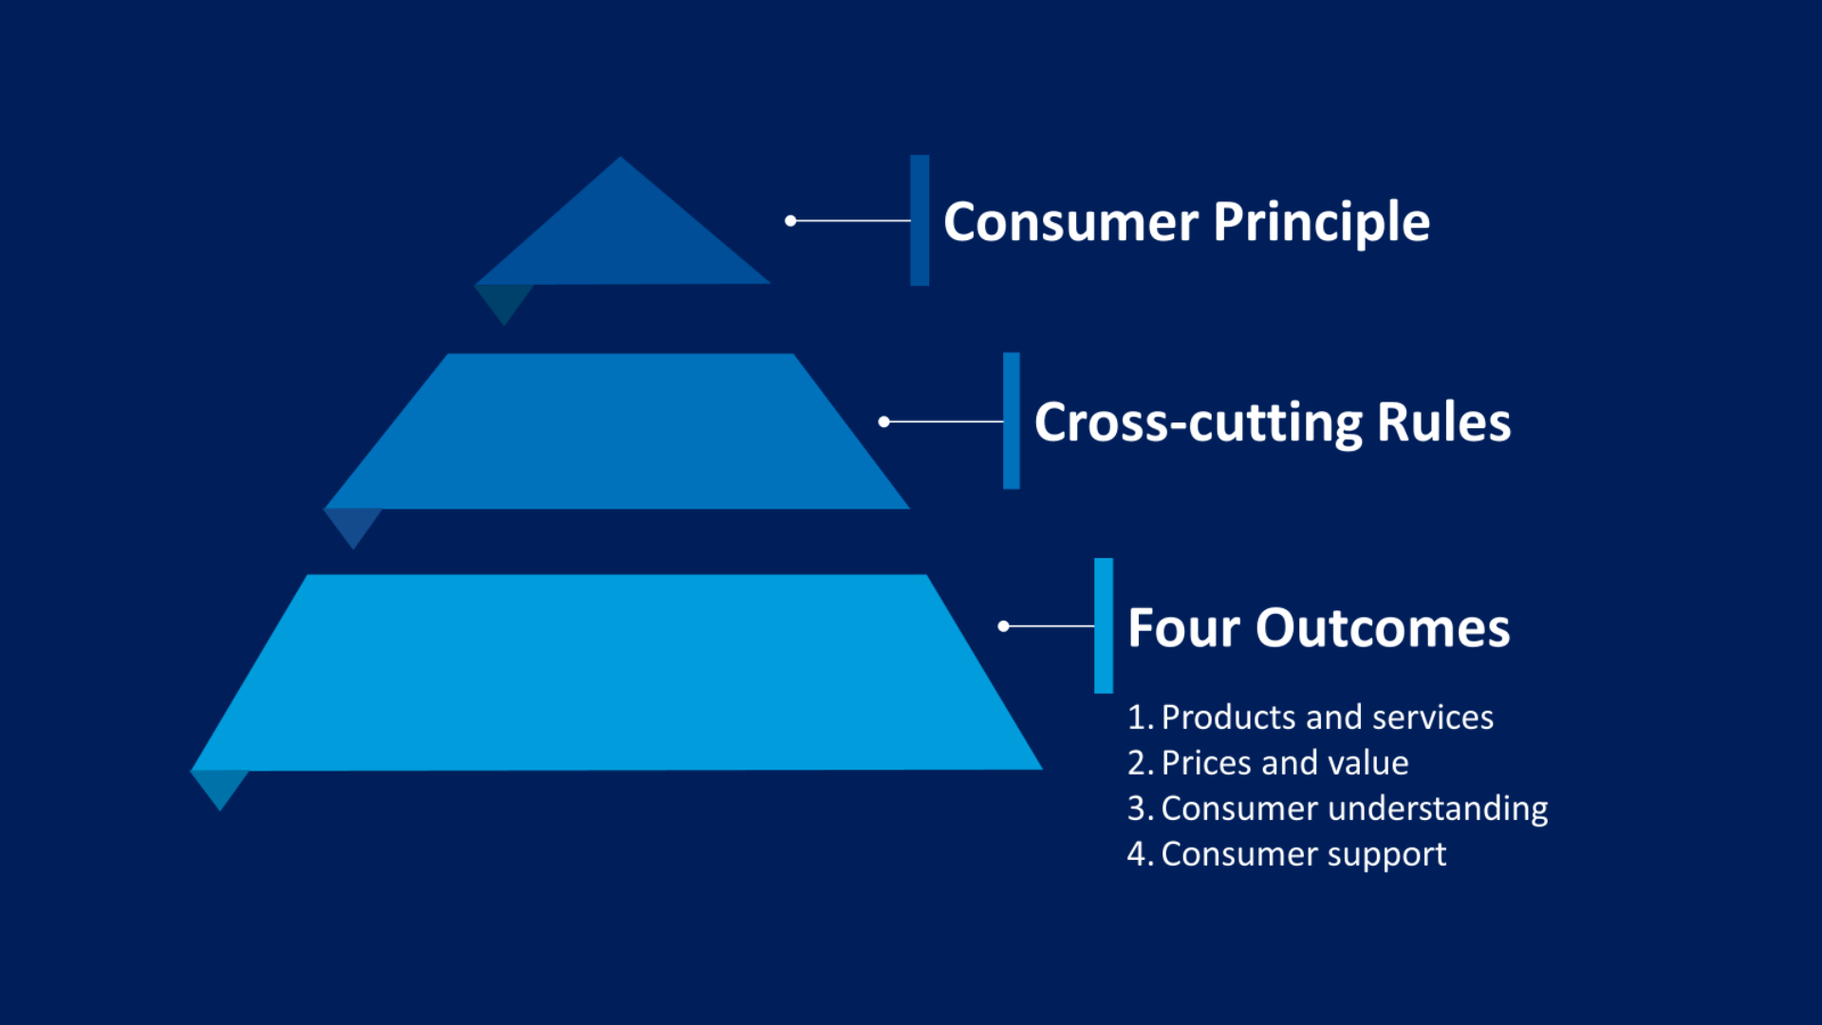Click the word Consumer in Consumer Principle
[1070, 223]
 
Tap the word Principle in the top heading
[1321, 223]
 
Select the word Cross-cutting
[1198, 422]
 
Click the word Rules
[1443, 422]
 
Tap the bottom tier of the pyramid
[617, 674]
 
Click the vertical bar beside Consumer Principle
[920, 220]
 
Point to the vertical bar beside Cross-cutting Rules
[1012, 421]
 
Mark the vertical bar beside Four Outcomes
[1104, 626]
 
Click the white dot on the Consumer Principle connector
[790, 220]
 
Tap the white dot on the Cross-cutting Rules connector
[884, 421]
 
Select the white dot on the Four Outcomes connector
[1003, 626]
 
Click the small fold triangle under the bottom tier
[219, 786]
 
